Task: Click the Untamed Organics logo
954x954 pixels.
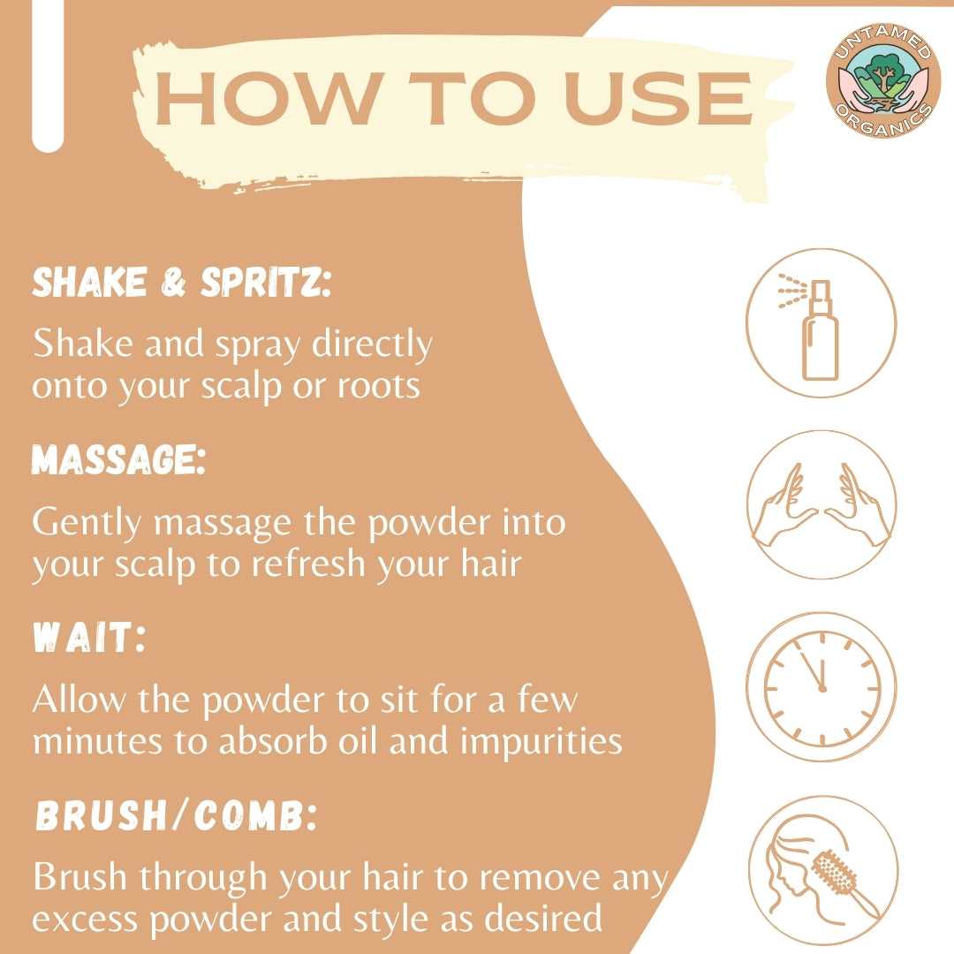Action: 882,80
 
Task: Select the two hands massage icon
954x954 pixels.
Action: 822,504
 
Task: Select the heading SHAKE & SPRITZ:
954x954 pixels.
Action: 181,282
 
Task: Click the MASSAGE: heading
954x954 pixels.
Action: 118,459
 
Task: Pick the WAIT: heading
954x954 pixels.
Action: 89,637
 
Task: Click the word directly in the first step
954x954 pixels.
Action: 373,344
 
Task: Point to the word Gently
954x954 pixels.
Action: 87,523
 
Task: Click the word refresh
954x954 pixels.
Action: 308,564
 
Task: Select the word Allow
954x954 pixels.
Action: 79,699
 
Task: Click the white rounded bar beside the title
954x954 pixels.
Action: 48,76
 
